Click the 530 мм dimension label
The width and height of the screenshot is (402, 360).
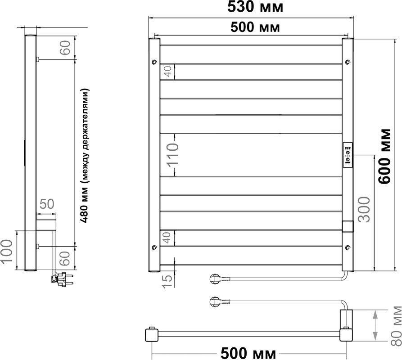(255, 7)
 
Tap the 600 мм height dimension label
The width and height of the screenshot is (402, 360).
(385, 156)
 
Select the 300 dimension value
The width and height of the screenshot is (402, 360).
(364, 209)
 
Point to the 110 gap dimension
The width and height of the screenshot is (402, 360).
(172, 155)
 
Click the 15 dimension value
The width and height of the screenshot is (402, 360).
(168, 281)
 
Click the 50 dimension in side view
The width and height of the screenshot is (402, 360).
(47, 204)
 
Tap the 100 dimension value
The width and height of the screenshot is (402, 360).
(6, 251)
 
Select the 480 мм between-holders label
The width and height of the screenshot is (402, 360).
(85, 156)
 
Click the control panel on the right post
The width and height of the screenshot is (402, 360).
(348, 155)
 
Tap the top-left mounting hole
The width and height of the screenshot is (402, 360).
(154, 62)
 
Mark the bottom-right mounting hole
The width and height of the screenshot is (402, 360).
(348, 247)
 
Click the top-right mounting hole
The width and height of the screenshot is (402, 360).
(348, 62)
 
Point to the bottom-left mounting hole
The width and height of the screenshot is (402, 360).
(154, 247)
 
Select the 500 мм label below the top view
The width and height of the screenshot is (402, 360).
(248, 353)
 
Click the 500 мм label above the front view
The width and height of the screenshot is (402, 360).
(255, 27)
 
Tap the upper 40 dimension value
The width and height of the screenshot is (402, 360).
(168, 72)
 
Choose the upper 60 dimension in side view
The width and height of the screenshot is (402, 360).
(65, 48)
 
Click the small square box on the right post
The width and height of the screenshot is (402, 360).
(348, 226)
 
